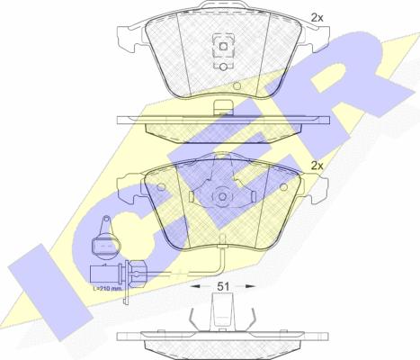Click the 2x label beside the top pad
pyautogui.click(x=317, y=18)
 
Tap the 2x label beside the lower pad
pyautogui.click(x=317, y=166)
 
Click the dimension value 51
pyautogui.click(x=223, y=286)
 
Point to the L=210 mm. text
pyautogui.click(x=107, y=289)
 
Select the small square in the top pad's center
pyautogui.click(x=223, y=47)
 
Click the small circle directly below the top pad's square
pyautogui.click(x=223, y=67)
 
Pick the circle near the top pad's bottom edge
pyautogui.click(x=237, y=86)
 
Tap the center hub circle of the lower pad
pyautogui.click(x=222, y=197)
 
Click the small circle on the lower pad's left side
pyautogui.click(x=161, y=187)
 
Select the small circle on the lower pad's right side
pyautogui.click(x=283, y=187)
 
